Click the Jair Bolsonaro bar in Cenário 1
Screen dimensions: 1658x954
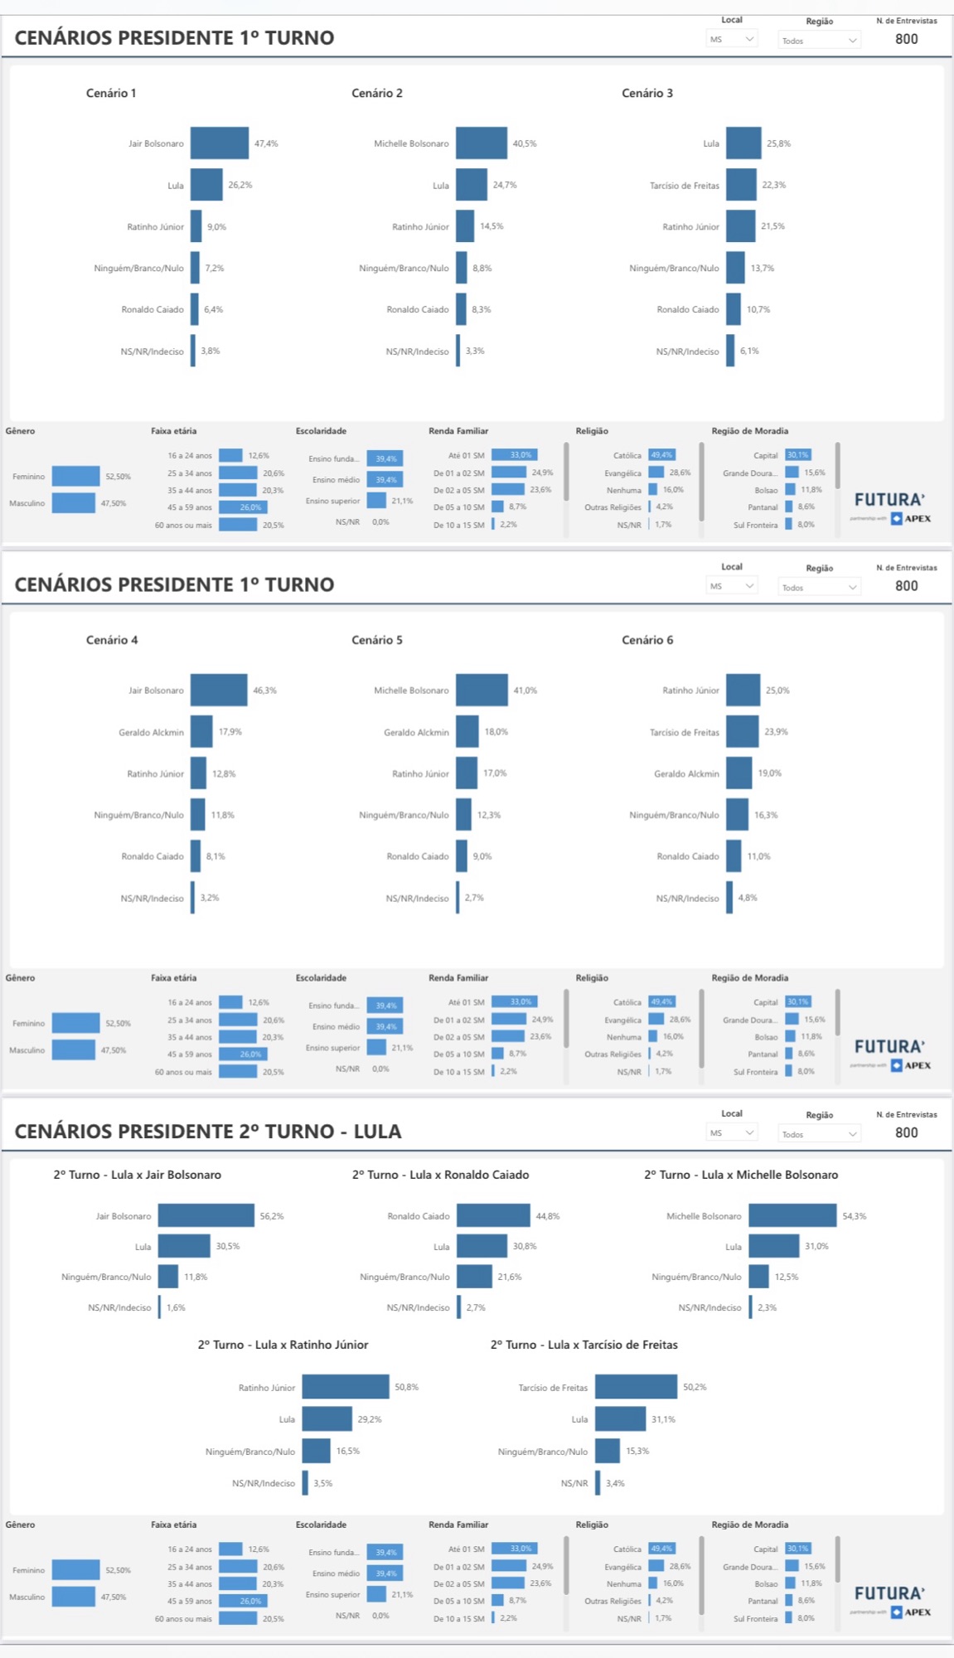pos(220,143)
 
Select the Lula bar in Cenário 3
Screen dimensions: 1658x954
pos(743,143)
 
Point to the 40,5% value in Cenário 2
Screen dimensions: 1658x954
pos(525,143)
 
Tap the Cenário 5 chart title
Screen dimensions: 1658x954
pos(377,640)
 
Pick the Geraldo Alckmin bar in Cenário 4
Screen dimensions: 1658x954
pos(201,732)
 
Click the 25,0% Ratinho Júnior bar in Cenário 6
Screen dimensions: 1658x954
pos(743,691)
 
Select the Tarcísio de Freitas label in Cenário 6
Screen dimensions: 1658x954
pos(685,733)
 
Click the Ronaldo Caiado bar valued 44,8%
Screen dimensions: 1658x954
pos(493,1216)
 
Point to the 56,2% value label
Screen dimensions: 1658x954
pos(272,1216)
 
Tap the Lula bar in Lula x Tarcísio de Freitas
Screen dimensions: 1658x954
pos(620,1419)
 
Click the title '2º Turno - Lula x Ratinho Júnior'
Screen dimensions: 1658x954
pos(283,1345)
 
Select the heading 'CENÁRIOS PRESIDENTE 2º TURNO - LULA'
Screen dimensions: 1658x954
pos(208,1132)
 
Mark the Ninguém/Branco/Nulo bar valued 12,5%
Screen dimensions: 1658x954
pos(758,1277)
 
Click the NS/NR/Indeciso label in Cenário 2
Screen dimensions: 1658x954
pos(418,351)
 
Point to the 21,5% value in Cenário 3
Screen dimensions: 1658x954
pos(773,226)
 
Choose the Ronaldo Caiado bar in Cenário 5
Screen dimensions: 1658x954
pos(462,856)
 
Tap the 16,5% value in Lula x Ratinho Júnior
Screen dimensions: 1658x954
pos(348,1452)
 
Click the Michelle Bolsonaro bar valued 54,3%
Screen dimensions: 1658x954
pos(792,1216)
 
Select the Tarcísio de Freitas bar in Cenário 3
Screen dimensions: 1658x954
pos(742,185)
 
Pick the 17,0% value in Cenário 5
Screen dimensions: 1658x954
pos(496,773)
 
